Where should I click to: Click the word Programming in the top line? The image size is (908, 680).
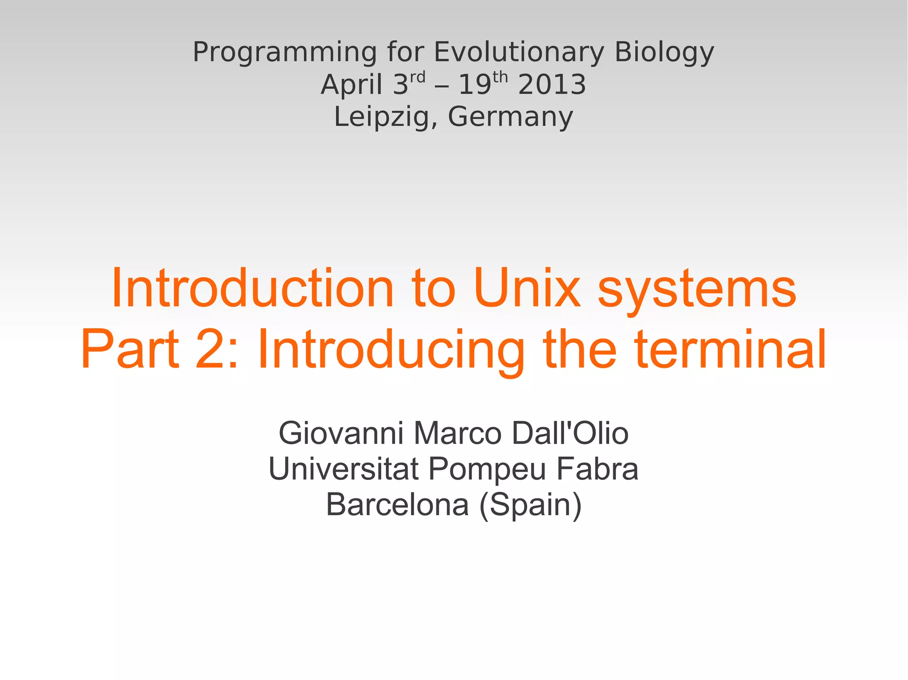[x=285, y=52]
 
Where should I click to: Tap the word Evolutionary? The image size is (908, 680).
[x=519, y=52]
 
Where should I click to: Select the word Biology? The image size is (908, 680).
[x=664, y=52]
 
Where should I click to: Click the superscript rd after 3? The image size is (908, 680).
[x=417, y=78]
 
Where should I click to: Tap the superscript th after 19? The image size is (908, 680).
[x=500, y=78]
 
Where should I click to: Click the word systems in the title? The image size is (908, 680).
[x=697, y=289]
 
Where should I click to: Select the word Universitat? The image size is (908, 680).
[x=344, y=469]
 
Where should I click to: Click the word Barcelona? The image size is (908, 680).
[x=397, y=505]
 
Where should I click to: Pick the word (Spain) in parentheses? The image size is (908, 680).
[x=530, y=505]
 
